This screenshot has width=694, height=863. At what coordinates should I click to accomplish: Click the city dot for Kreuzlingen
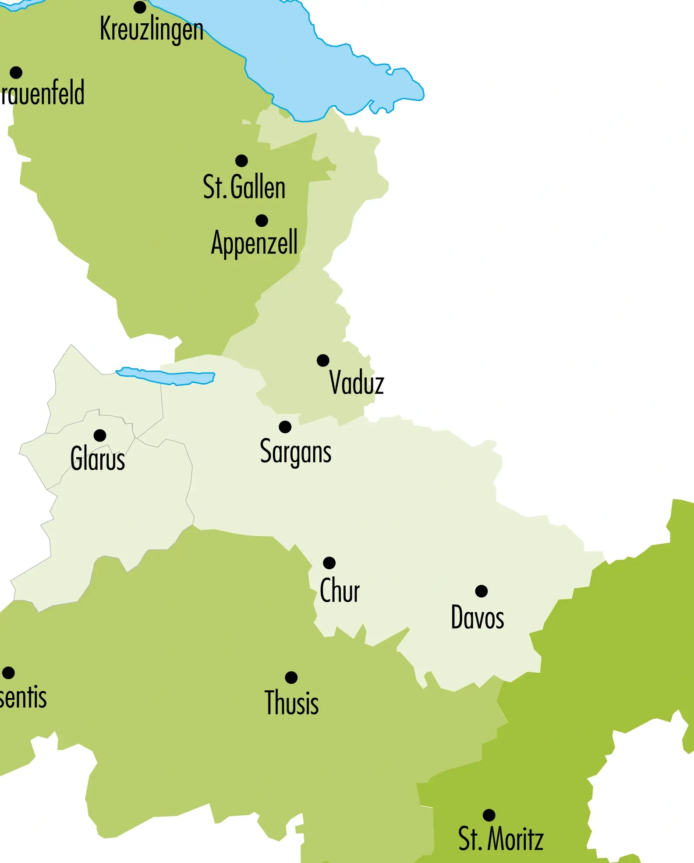click(x=140, y=7)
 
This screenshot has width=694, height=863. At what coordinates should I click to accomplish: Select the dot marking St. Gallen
click(x=241, y=160)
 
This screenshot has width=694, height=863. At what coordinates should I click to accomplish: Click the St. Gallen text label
click(x=244, y=187)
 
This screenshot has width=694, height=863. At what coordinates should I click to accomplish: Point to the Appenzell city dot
click(x=262, y=221)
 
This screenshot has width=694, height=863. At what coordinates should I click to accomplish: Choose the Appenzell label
click(x=254, y=242)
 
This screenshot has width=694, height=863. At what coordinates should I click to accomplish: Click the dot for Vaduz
click(x=323, y=360)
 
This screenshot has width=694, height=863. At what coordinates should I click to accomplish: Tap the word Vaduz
click(x=356, y=383)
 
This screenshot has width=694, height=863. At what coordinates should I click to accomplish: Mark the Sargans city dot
click(x=285, y=427)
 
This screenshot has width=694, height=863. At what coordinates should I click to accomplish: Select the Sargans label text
click(x=295, y=452)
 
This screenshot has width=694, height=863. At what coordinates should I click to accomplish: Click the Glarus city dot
click(x=100, y=435)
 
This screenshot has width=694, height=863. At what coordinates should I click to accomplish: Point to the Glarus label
click(x=98, y=459)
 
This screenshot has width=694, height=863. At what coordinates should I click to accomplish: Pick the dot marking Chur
click(x=329, y=563)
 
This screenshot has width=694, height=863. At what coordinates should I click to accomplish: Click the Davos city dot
click(x=481, y=591)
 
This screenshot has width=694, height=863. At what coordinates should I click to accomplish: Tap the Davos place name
click(x=477, y=617)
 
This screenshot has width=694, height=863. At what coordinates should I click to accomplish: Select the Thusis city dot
click(x=291, y=678)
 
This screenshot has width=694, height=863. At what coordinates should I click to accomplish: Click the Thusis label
click(x=291, y=703)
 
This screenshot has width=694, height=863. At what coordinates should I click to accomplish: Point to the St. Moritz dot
click(x=489, y=815)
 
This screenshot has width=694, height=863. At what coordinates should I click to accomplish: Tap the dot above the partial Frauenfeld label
click(x=16, y=72)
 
